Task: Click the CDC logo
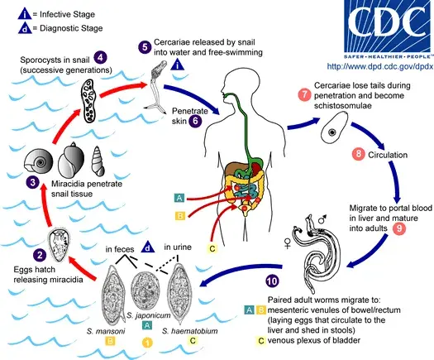pyautogui.click(x=373, y=26)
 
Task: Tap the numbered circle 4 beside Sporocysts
pyautogui.click(x=100, y=57)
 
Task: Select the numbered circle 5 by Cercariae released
pyautogui.click(x=145, y=47)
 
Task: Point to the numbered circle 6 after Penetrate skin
pyautogui.click(x=195, y=120)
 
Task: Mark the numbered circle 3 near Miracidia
pyautogui.click(x=32, y=181)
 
